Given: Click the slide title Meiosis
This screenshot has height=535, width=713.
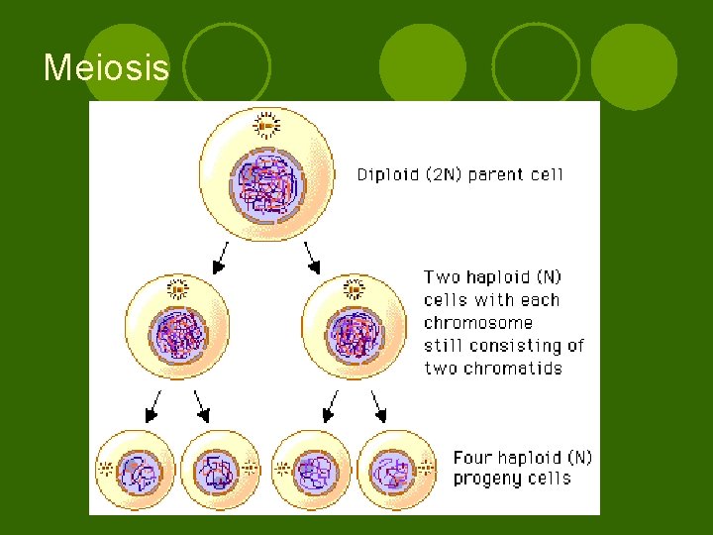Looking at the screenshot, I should point(107,68).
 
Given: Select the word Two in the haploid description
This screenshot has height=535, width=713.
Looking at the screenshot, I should point(443,277).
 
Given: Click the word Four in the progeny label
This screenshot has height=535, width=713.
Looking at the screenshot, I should point(472,458).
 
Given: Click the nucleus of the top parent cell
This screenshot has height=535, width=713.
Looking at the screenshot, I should point(266,186).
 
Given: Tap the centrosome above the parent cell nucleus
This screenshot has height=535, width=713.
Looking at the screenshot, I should point(265,126).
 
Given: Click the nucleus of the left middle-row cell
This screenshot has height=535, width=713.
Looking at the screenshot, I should point(178,334).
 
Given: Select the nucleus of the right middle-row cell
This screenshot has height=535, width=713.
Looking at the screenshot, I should point(354,334).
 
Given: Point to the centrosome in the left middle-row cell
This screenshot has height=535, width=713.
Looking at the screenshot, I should point(177,288).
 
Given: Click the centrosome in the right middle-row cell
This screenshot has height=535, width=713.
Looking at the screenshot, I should point(354,288).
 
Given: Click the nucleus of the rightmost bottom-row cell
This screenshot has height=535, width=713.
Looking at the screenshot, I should point(392,469).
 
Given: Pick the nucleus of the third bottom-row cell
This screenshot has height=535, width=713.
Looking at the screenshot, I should point(315,469).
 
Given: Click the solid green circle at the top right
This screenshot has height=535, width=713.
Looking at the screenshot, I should point(641,66).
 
